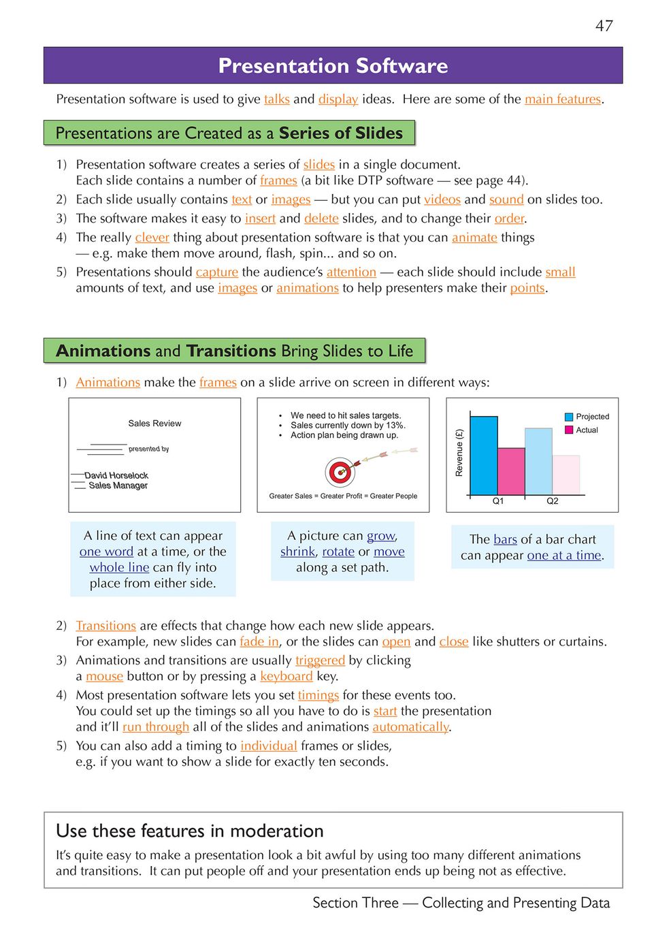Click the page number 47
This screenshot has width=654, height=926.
(x=604, y=26)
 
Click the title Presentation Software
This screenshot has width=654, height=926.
(x=333, y=66)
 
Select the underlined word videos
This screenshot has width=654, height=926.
(x=442, y=199)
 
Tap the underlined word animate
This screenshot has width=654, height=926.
(x=474, y=238)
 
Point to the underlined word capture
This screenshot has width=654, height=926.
(x=216, y=272)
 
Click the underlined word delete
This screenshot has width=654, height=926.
(x=321, y=219)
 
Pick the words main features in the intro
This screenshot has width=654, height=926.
(x=562, y=99)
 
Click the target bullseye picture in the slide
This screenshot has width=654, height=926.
(x=340, y=471)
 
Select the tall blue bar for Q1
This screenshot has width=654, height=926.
(x=484, y=455)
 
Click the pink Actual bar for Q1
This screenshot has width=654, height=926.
(x=511, y=470)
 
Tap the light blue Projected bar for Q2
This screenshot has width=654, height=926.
(x=538, y=461)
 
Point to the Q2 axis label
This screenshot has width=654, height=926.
(x=553, y=501)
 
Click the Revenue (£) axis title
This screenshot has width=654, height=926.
(x=459, y=453)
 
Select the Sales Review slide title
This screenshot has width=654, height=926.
(x=154, y=424)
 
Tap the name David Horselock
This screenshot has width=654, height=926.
(x=116, y=475)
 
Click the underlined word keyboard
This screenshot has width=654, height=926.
(x=286, y=677)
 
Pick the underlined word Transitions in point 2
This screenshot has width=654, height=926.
(x=105, y=626)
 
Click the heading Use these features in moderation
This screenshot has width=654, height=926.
(x=189, y=831)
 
